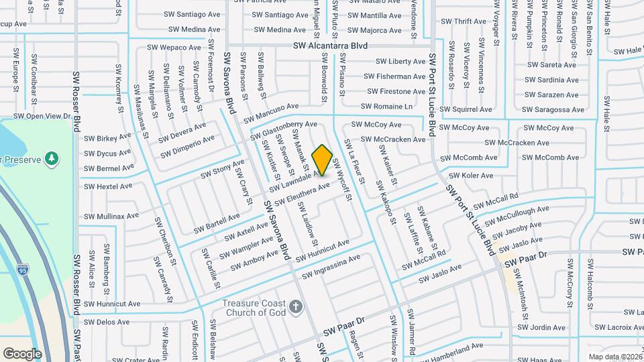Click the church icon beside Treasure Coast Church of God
click(296, 308)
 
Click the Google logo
click(22, 353)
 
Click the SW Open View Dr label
click(42, 116)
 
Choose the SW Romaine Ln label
click(387, 106)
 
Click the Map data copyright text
click(613, 357)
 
